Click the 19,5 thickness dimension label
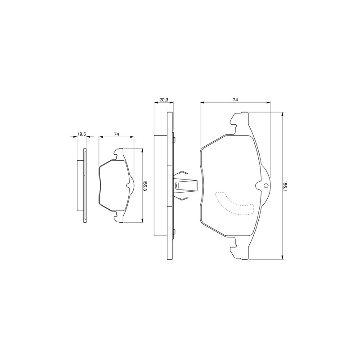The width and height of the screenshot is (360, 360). pos(82,134)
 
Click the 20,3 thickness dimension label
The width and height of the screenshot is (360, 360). pos(164,99)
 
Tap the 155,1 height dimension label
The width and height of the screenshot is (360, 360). pos(285,185)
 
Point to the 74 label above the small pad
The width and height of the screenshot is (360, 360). pos(117,134)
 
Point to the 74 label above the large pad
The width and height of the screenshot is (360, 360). pos(235,99)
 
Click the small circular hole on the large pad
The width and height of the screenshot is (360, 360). pos(266,185)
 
